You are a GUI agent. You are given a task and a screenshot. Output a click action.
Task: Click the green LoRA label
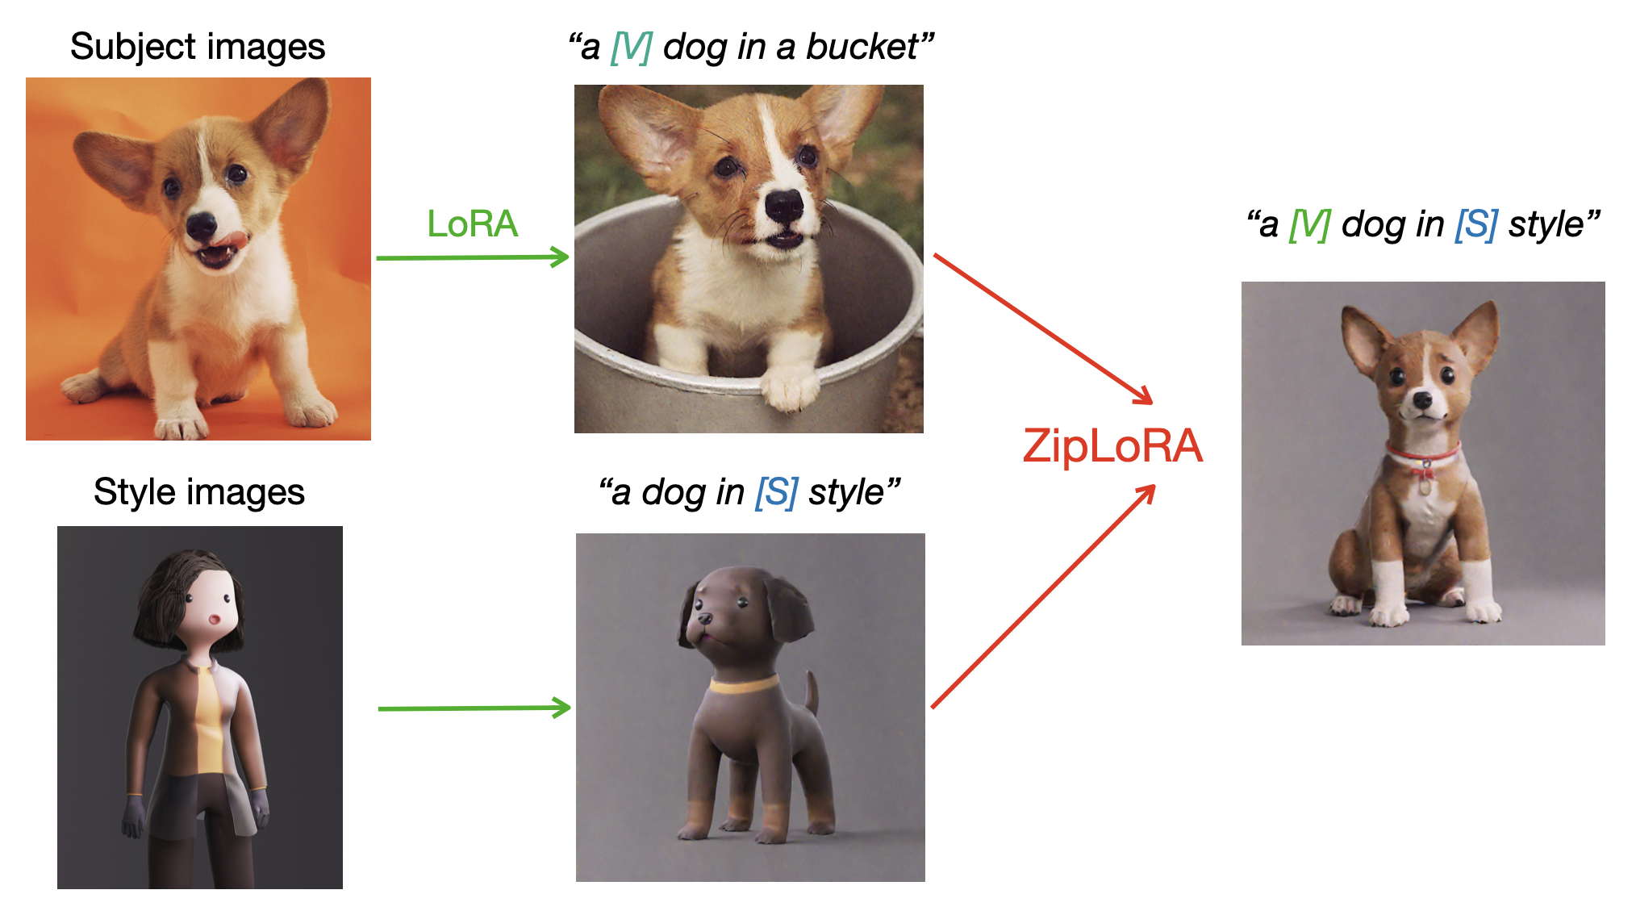pos(472,224)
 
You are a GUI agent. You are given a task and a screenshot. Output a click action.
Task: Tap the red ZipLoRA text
pos(1112,446)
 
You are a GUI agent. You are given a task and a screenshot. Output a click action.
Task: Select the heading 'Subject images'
pos(198,47)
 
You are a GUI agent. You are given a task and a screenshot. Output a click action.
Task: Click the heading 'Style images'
pos(199,491)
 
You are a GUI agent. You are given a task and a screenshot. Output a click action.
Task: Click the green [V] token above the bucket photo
pos(631,47)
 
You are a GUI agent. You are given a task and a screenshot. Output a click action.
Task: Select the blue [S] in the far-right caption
pos(1476,224)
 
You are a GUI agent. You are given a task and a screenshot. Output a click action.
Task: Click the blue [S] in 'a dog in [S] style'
pos(776,492)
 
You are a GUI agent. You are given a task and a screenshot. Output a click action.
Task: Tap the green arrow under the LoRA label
pos(473,257)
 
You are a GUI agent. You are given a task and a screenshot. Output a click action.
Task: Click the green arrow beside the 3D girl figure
pos(474,708)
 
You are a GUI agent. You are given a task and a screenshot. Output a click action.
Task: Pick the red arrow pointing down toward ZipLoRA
pos(1042,328)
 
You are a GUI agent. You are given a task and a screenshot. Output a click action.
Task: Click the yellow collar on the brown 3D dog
pos(744,686)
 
